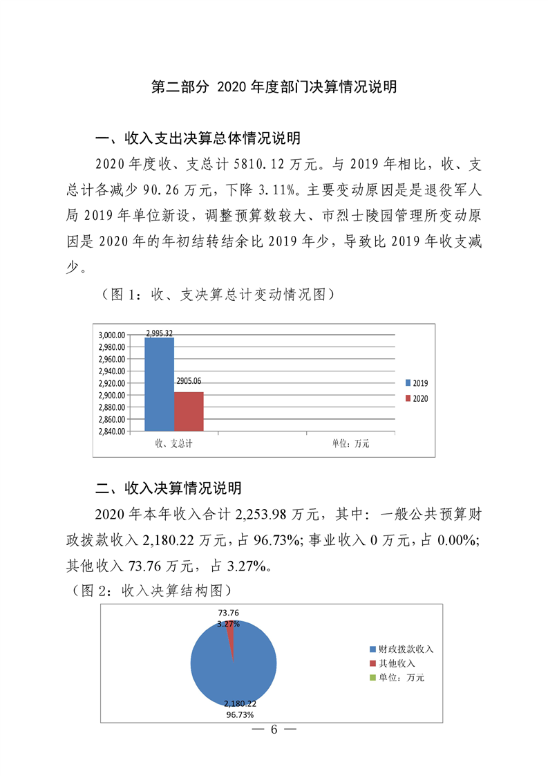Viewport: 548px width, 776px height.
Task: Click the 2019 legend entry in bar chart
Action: coord(416,382)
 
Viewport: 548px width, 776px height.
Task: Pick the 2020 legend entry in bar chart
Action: coord(416,399)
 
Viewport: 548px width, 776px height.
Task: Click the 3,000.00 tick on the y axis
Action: coord(111,335)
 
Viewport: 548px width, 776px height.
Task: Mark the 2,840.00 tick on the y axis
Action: coord(111,432)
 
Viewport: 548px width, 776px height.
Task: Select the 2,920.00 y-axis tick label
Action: coord(111,383)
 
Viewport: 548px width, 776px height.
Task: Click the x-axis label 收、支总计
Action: coord(173,443)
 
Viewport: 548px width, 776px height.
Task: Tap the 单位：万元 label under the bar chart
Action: coord(350,443)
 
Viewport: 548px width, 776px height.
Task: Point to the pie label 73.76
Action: coord(228,613)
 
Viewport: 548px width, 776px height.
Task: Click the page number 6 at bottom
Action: coord(274,730)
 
